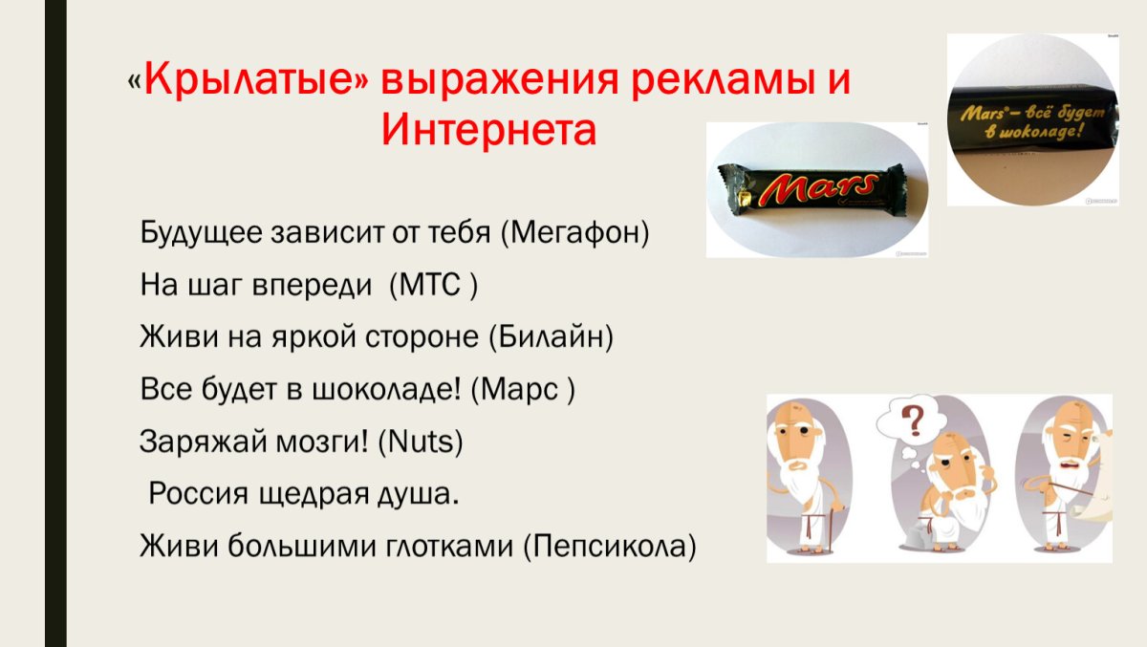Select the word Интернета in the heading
pos(488,129)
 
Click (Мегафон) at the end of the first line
pos(574,233)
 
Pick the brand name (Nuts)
pos(422,442)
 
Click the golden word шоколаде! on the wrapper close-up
pos(1039,134)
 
